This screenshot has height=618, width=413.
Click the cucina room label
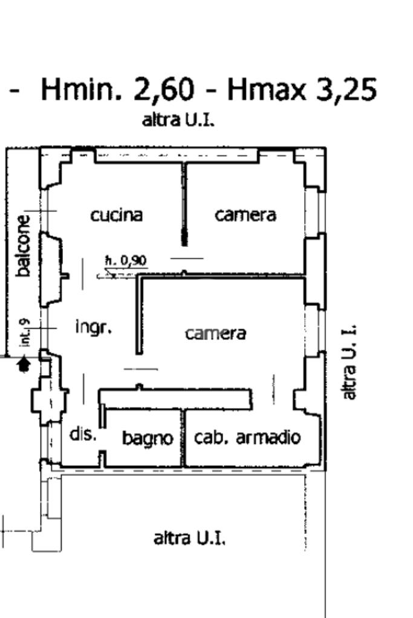pos(117,214)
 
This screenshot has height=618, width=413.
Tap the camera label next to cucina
pos(246,214)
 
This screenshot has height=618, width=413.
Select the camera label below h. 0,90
pos(216,333)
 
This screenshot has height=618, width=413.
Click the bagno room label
pos(148,438)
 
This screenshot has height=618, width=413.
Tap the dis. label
pos(83,434)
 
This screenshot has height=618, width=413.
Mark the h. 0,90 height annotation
pos(126,261)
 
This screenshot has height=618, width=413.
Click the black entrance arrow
pos(24,364)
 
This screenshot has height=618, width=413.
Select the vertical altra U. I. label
pos(350,361)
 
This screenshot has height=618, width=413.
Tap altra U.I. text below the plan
pos(190,537)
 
